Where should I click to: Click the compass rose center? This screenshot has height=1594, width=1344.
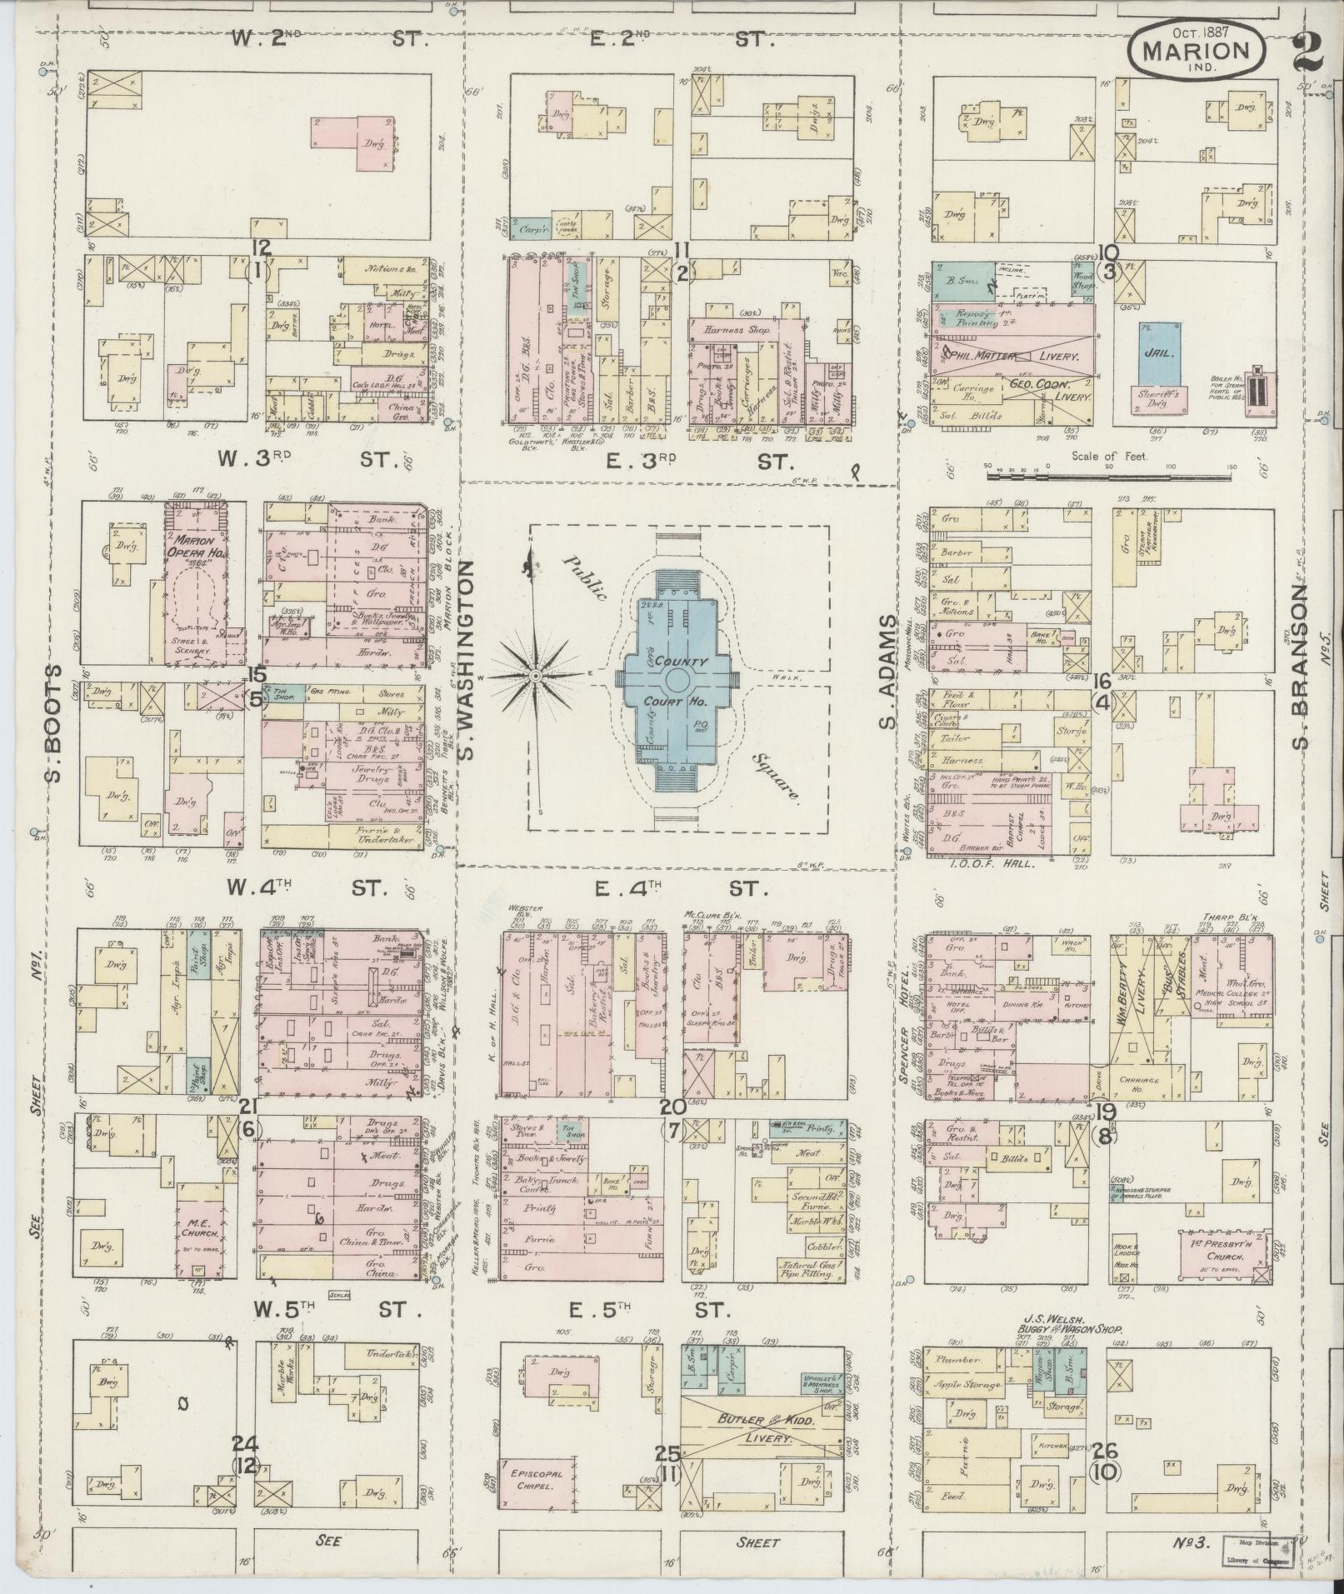[535, 674]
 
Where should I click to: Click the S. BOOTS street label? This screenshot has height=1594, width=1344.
[53, 723]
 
